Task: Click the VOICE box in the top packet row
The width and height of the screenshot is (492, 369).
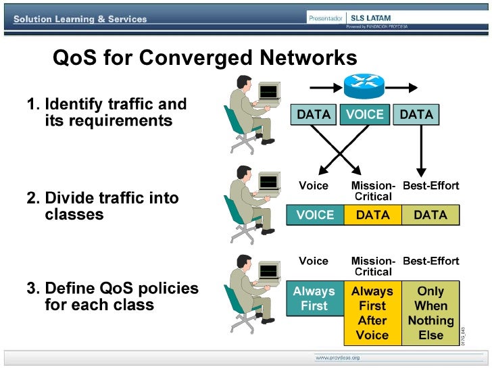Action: (x=364, y=115)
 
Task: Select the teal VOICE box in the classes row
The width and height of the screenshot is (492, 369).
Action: (x=315, y=215)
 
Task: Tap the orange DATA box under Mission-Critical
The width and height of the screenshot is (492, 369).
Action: (x=372, y=215)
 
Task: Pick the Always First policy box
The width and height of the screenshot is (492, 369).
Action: (x=314, y=299)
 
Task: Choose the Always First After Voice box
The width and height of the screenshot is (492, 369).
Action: (x=372, y=313)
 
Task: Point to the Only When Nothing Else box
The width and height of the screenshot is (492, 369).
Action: (x=430, y=313)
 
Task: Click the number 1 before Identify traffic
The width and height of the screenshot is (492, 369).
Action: (x=31, y=105)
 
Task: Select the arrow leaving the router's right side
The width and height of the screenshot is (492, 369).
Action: (x=402, y=87)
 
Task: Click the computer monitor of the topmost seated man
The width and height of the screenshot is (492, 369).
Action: (x=268, y=91)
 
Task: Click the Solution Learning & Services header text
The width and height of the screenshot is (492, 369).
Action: (x=80, y=19)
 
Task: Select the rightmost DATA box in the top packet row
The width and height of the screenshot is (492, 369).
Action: (x=416, y=115)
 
